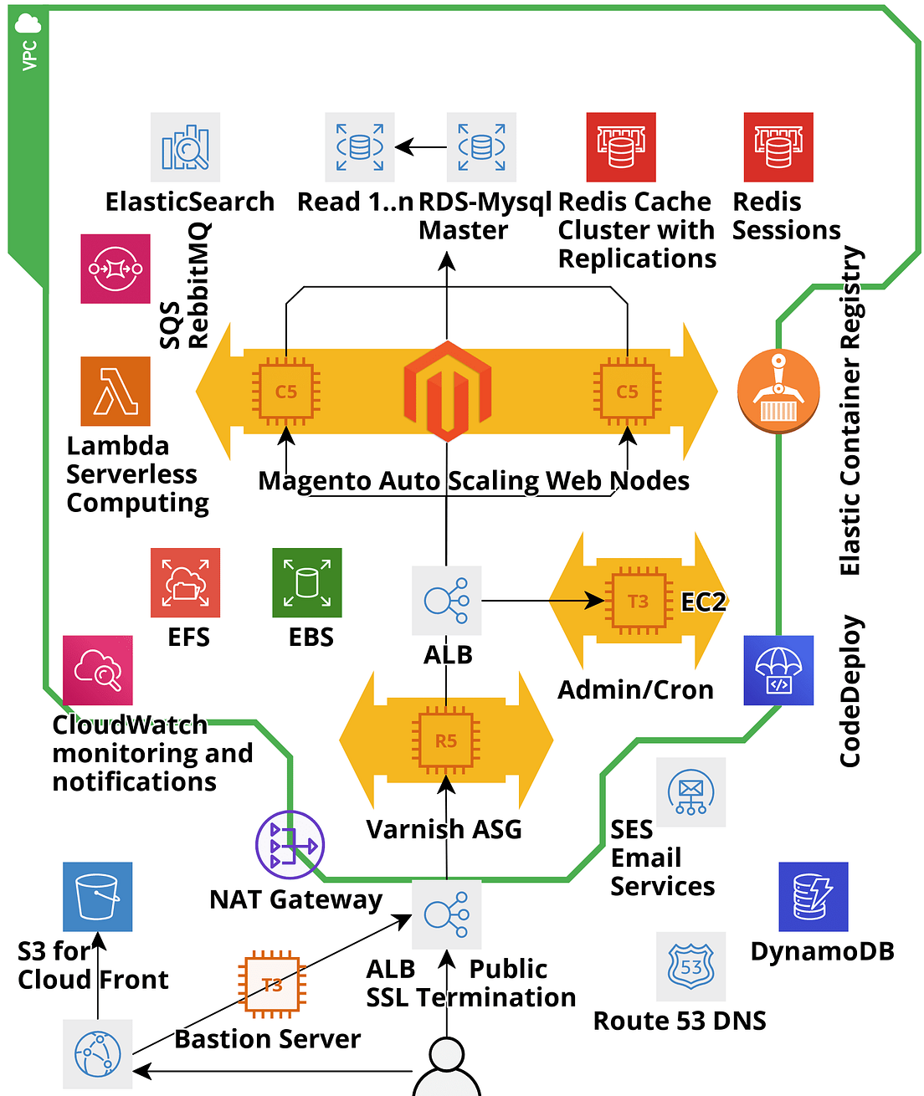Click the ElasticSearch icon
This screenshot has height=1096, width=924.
click(x=185, y=147)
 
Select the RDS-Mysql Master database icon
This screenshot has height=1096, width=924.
click(x=481, y=147)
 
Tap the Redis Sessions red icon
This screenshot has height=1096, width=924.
click(x=778, y=147)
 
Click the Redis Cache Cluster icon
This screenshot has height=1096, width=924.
click(x=621, y=147)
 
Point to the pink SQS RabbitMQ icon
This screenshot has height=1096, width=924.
click(x=116, y=269)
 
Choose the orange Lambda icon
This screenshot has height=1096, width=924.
click(x=116, y=392)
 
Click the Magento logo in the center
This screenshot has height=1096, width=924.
click(x=447, y=391)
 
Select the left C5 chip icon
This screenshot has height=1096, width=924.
click(x=286, y=392)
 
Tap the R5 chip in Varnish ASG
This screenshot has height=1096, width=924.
click(x=446, y=741)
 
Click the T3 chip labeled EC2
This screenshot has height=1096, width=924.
click(x=639, y=601)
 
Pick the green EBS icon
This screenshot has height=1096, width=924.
click(x=307, y=582)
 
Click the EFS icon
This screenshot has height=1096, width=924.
click(x=185, y=582)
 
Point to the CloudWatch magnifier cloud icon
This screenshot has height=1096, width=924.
click(x=98, y=670)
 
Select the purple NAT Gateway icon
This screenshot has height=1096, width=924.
click(x=290, y=845)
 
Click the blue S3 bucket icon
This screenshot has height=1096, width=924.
click(x=98, y=897)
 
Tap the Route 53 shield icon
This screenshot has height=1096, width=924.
click(x=690, y=966)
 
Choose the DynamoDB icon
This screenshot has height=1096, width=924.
click(x=813, y=897)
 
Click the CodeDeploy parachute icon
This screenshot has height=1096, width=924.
click(x=778, y=670)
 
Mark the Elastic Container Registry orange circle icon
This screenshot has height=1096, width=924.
click(x=778, y=392)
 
